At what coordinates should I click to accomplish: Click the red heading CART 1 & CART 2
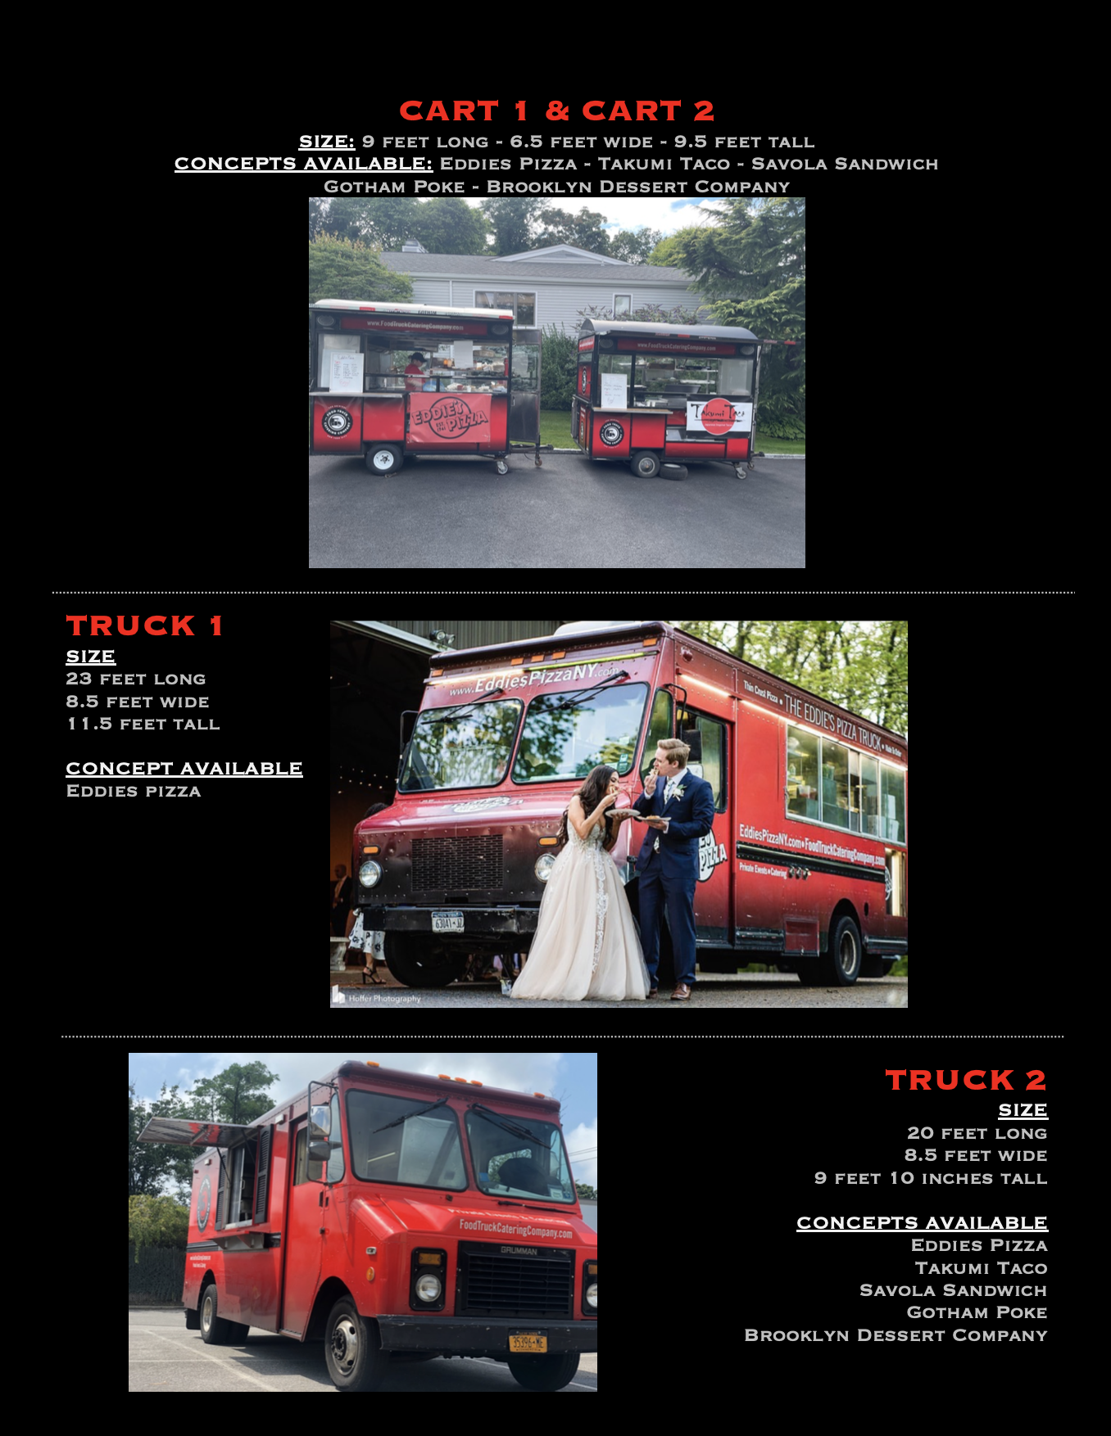[x=556, y=111]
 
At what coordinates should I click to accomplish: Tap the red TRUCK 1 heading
[x=144, y=626]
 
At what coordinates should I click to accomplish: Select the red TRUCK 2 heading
[x=965, y=1081]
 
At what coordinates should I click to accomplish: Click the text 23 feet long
[x=136, y=680]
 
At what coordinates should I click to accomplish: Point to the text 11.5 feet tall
[x=143, y=725]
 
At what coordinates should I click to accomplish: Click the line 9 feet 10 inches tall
[x=931, y=1179]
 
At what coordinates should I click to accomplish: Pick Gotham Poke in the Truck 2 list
[x=977, y=1313]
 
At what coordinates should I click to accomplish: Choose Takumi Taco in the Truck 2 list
[x=981, y=1268]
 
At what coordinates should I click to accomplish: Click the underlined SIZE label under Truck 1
[x=91, y=657]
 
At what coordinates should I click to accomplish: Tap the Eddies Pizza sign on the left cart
[x=449, y=418]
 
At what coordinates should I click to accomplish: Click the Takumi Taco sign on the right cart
[x=718, y=415]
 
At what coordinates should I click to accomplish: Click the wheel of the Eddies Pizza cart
[x=383, y=459]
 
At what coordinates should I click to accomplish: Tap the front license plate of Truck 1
[x=447, y=923]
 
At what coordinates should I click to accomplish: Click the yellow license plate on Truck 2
[x=527, y=1343]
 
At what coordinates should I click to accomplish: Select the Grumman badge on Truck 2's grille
[x=518, y=1250]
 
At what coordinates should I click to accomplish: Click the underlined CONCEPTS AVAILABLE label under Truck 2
[x=922, y=1223]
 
